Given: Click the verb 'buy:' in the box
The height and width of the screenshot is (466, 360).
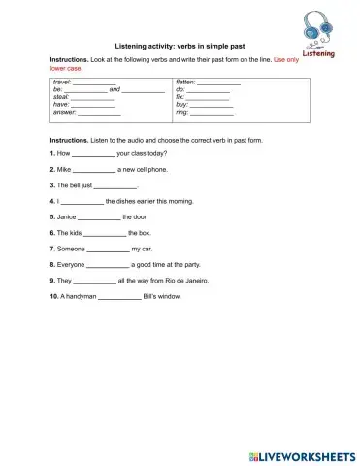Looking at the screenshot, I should click(181, 105).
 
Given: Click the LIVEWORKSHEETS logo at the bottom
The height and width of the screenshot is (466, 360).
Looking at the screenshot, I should click(302, 454).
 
